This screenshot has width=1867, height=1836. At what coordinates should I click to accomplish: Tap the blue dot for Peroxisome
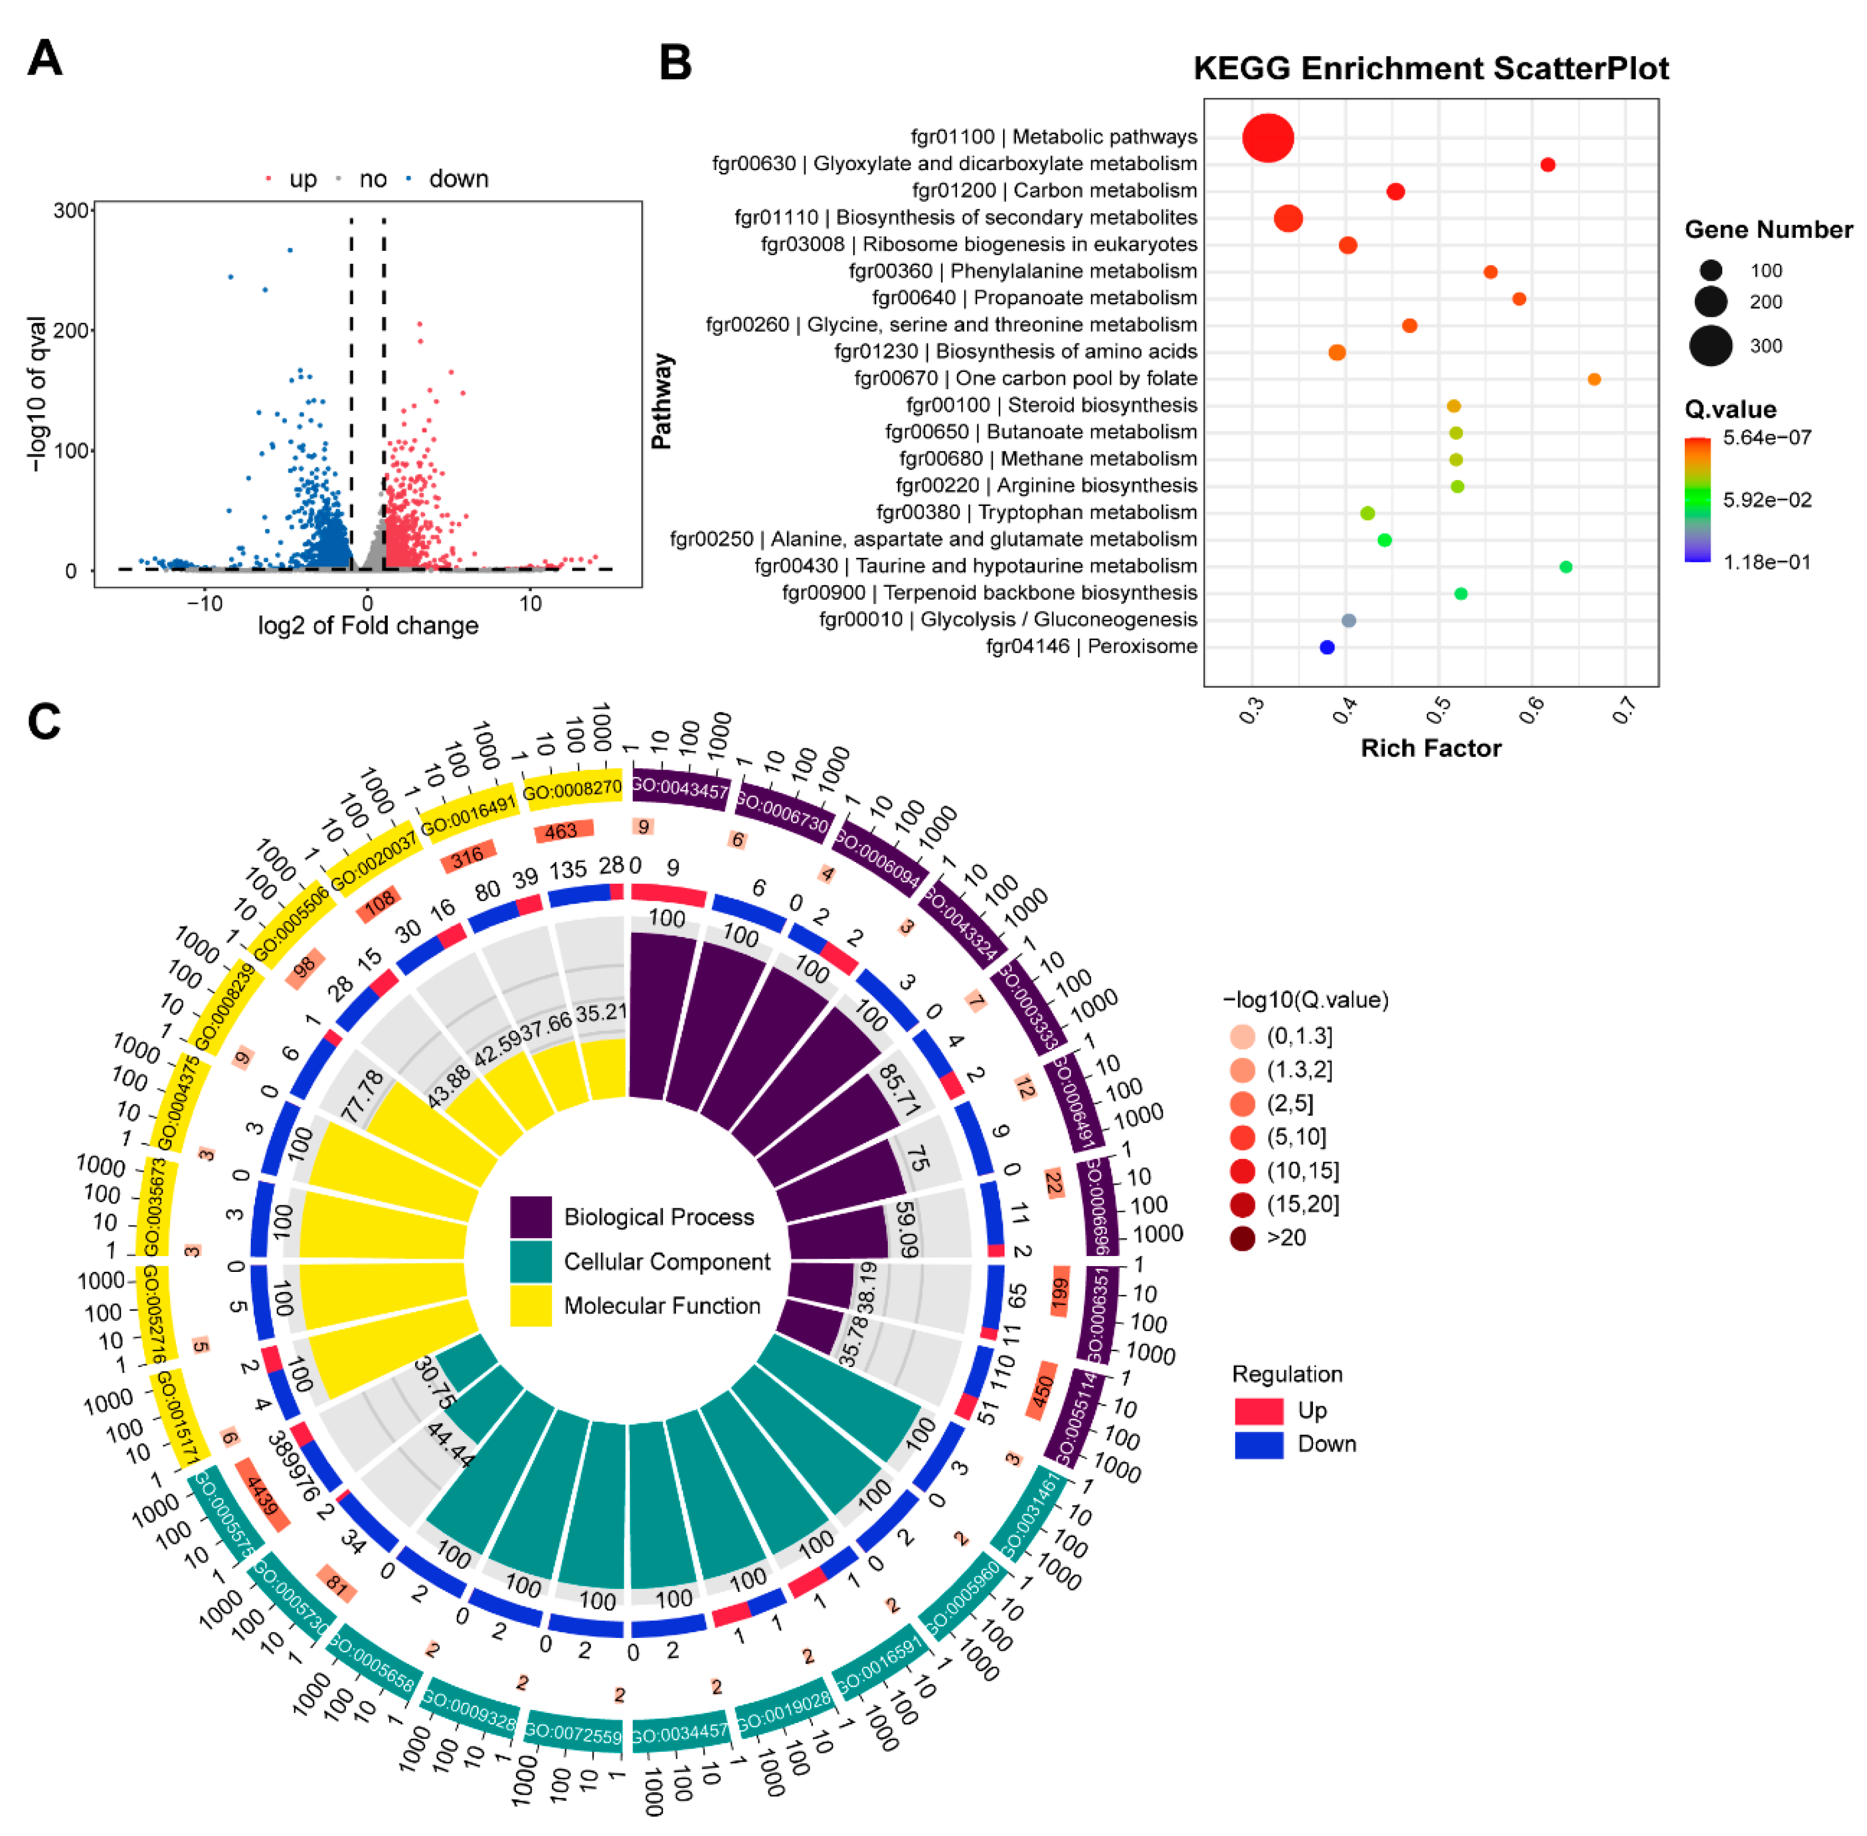1326,647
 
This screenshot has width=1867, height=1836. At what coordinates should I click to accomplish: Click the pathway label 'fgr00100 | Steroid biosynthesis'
1051,405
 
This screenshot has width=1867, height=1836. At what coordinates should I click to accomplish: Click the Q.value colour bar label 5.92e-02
1767,500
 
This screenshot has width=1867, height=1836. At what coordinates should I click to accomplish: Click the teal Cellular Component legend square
530,1261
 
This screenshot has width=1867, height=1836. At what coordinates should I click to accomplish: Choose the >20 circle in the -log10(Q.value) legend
1242,1237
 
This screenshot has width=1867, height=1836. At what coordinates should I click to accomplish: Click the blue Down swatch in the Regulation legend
1259,1444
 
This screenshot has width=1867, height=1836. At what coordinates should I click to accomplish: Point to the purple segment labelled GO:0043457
680,788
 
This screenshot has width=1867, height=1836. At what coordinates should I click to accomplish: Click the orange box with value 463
562,830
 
